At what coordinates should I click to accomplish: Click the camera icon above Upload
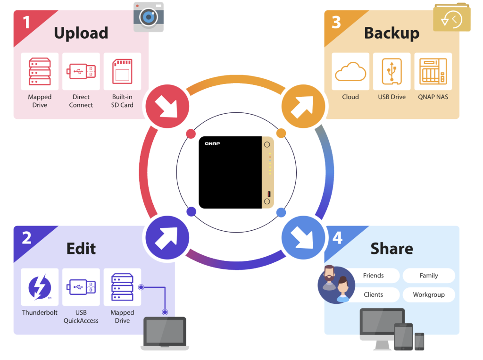pyautogui.click(x=149, y=17)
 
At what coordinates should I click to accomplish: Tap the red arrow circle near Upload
pyautogui.click(x=167, y=106)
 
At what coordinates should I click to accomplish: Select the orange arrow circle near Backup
pyautogui.click(x=303, y=106)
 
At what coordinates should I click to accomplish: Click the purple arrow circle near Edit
pyautogui.click(x=167, y=237)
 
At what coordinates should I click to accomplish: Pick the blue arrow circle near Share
pyautogui.click(x=303, y=237)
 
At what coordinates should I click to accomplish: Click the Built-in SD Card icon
pyautogui.click(x=122, y=72)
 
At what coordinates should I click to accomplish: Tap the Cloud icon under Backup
pyautogui.click(x=350, y=72)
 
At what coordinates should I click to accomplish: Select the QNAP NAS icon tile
pyautogui.click(x=433, y=72)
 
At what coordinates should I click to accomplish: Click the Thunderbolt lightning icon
pyautogui.click(x=40, y=287)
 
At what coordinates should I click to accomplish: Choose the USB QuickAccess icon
pyautogui.click(x=81, y=287)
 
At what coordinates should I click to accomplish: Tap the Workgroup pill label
pyautogui.click(x=429, y=295)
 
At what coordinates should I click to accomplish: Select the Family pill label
pyautogui.click(x=429, y=276)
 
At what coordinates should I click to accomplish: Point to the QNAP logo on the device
pyautogui.click(x=213, y=143)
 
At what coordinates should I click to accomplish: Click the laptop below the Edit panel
pyautogui.click(x=165, y=334)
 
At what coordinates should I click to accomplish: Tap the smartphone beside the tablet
pyautogui.click(x=419, y=342)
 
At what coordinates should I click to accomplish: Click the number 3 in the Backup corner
pyautogui.click(x=336, y=22)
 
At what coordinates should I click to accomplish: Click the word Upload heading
pyautogui.click(x=81, y=33)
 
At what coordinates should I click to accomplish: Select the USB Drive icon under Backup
pyautogui.click(x=392, y=72)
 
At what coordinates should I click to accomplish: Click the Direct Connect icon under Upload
pyautogui.click(x=81, y=72)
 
